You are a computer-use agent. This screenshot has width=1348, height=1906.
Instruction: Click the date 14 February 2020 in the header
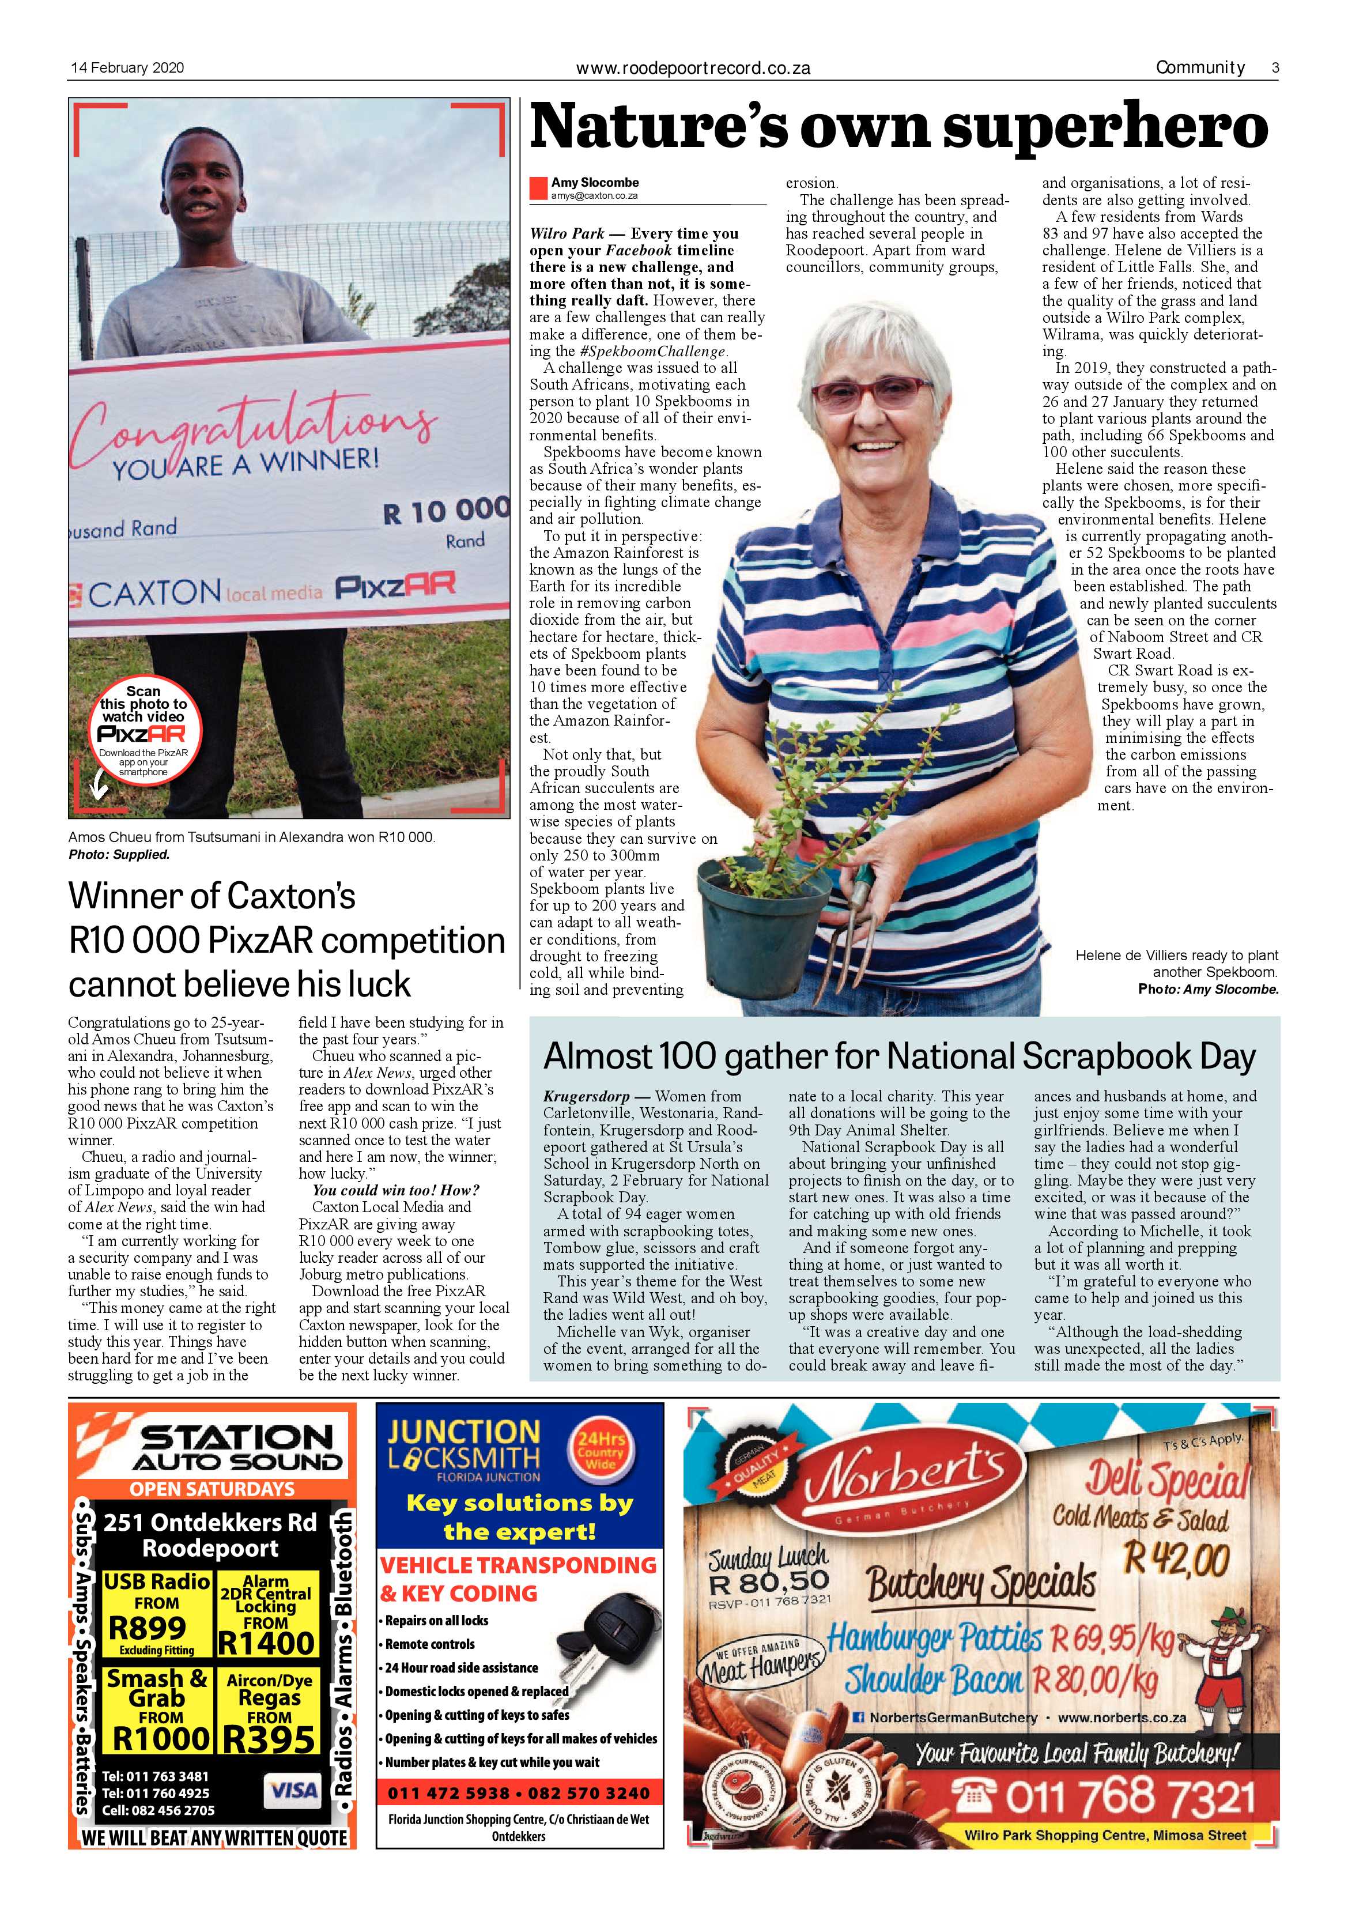click(x=126, y=68)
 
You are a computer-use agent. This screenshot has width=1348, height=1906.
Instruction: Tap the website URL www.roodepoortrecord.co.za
click(x=693, y=68)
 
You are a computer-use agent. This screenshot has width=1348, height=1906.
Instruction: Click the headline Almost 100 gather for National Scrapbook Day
click(x=899, y=1057)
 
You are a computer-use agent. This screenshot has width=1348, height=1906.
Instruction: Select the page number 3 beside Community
click(x=1274, y=68)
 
